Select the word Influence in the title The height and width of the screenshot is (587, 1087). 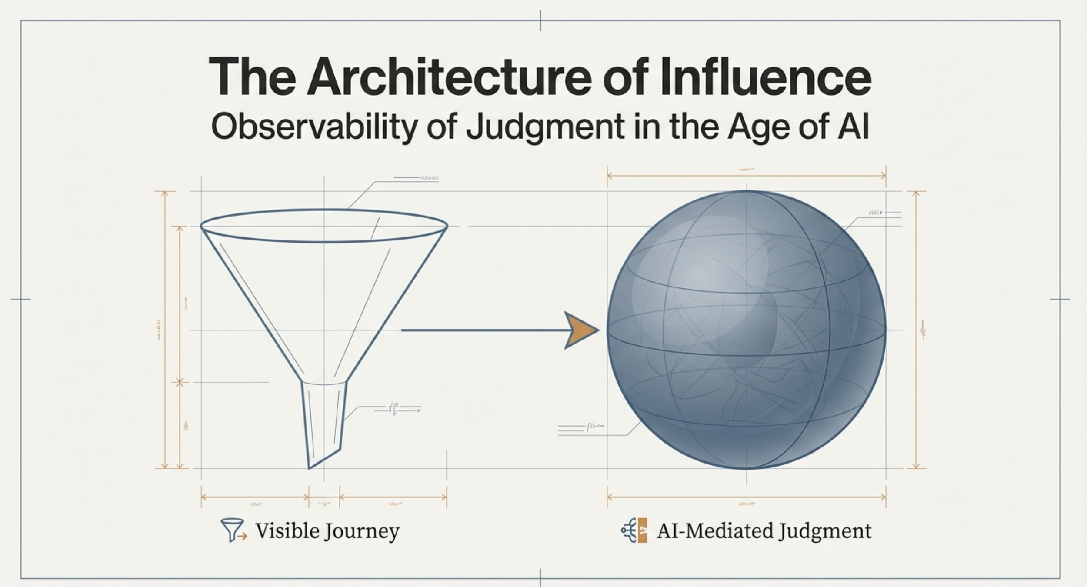click(766, 77)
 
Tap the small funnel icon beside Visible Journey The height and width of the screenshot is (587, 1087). click(233, 529)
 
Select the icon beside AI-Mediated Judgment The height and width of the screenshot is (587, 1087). click(634, 530)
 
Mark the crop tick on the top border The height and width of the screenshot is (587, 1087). click(540, 20)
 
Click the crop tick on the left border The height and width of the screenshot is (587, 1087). click(20, 299)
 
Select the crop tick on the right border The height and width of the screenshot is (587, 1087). click(1060, 299)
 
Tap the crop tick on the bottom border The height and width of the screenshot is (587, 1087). click(540, 578)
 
